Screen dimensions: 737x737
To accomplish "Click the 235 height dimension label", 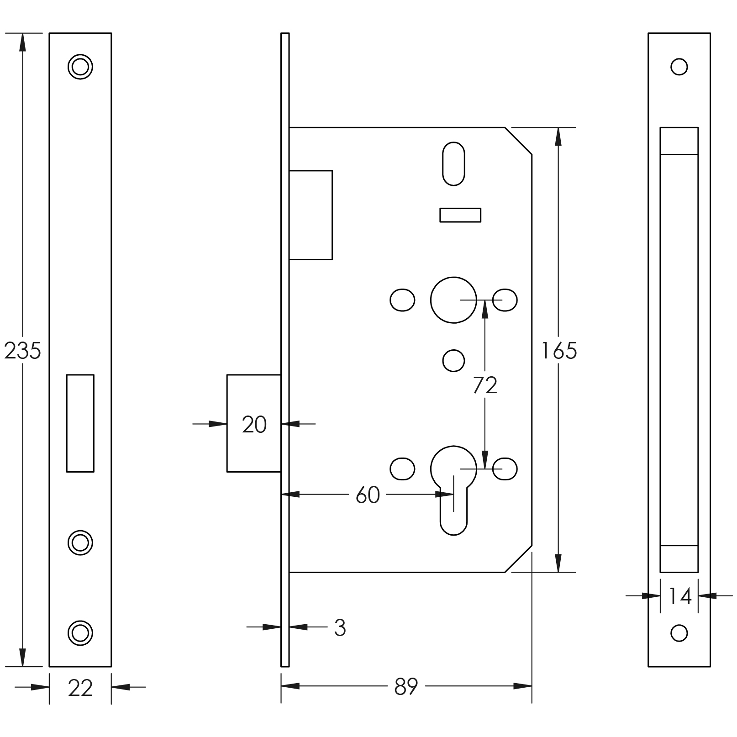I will click(22, 351).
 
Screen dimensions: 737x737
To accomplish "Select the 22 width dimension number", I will click(80, 688).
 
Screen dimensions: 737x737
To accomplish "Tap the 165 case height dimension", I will click(559, 351).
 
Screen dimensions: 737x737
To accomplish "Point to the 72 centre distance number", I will click(485, 386).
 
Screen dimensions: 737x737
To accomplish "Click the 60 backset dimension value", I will click(368, 495).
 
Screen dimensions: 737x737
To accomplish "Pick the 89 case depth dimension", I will click(406, 686).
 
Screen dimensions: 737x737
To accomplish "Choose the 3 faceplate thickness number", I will click(340, 628).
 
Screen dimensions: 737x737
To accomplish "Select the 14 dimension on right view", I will click(680, 596).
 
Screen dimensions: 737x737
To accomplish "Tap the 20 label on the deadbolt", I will click(254, 425).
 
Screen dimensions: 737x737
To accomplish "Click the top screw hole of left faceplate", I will click(80, 67).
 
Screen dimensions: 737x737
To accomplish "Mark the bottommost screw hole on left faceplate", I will click(80, 633).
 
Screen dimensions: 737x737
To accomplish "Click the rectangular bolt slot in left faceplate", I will click(80, 423).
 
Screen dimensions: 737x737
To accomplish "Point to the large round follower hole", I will click(453, 300).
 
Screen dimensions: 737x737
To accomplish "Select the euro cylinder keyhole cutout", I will click(453, 489).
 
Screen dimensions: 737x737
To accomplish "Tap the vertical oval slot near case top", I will click(453, 163).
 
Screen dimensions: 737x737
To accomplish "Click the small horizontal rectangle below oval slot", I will click(460, 215).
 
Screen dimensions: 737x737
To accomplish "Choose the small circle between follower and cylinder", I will click(453, 361).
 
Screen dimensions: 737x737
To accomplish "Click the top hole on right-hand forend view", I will click(679, 67).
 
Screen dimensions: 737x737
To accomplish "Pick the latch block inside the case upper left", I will click(311, 215).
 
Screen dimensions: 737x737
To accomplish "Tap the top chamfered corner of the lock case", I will click(518, 141).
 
